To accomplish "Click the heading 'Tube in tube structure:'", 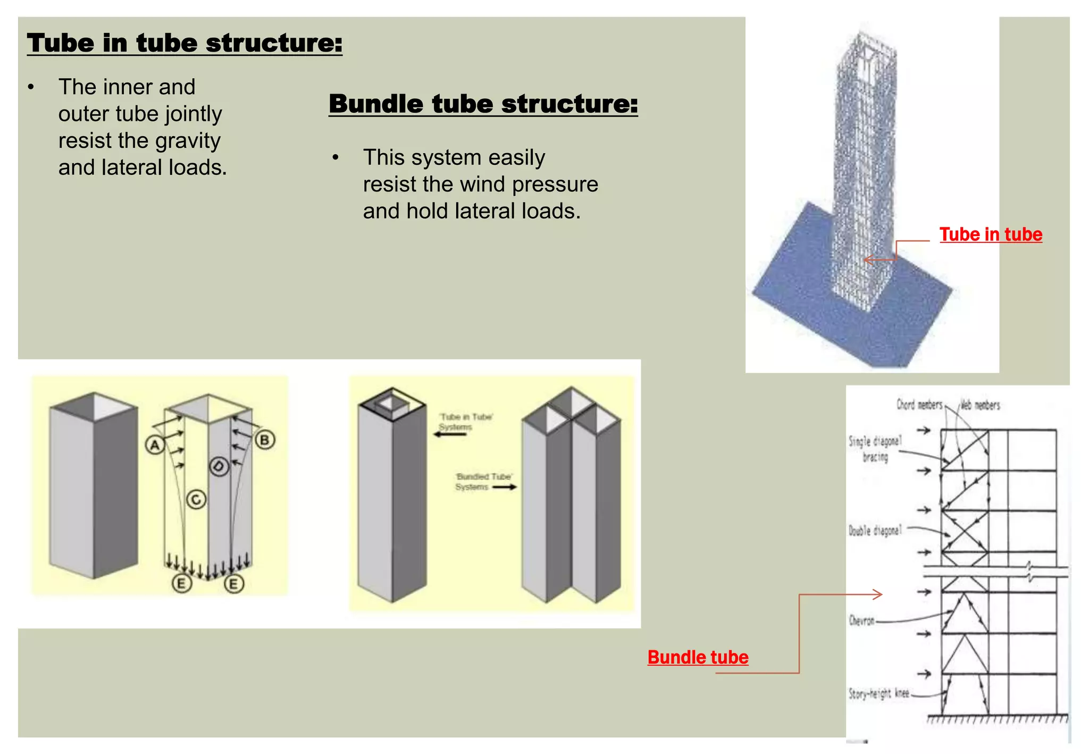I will point(185,43).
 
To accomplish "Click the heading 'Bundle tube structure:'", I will point(483,104).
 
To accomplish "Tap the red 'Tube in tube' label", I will point(990,234).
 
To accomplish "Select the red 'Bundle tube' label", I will point(698,657).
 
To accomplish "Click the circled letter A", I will point(155,445).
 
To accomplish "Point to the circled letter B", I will point(265,440).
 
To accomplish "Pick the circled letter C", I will point(196,500).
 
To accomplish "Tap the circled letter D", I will point(219,467).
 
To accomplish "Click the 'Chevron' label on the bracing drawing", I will point(861,621).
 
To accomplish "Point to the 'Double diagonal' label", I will point(875,530).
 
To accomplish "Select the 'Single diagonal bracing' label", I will point(875,448).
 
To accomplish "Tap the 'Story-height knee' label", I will point(878,693).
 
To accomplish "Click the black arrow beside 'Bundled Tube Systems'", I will point(504,487).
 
